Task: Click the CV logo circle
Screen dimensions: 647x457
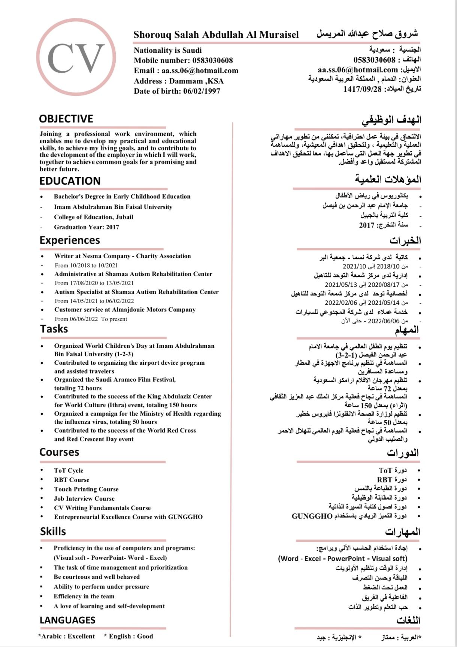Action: point(76,57)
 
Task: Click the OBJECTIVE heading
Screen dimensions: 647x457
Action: point(66,119)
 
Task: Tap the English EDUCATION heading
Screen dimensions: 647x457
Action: point(70,181)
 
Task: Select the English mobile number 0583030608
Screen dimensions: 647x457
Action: point(212,60)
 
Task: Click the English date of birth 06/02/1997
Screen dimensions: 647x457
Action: point(202,91)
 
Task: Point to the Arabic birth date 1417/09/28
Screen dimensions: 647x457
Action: point(362,89)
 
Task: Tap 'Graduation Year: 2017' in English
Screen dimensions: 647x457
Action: point(87,227)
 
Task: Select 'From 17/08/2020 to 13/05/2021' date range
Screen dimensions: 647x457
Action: point(94,283)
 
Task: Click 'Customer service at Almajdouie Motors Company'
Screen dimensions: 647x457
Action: point(125,310)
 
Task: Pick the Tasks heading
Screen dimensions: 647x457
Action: point(54,329)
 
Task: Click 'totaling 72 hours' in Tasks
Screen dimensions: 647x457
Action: point(78,388)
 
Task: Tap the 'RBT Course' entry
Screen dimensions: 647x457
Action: point(72,480)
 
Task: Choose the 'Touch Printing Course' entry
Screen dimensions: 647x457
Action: point(86,489)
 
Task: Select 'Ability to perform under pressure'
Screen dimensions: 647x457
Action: point(101,587)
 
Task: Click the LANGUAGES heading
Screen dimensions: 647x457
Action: point(67,620)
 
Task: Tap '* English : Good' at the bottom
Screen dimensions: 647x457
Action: point(129,636)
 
